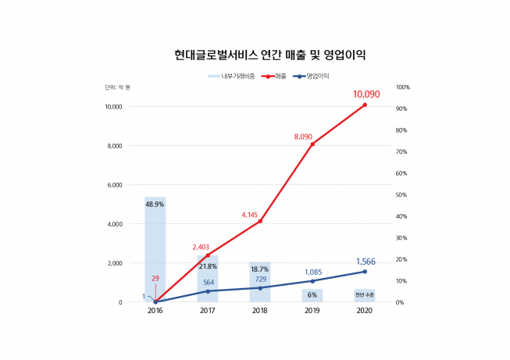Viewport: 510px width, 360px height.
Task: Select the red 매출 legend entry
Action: tap(276, 77)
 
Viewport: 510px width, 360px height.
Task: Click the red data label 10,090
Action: tap(366, 94)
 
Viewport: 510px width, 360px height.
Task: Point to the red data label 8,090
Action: tap(303, 137)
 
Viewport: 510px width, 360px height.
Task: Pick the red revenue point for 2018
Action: tap(260, 221)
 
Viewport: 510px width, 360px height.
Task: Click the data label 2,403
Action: tap(202, 247)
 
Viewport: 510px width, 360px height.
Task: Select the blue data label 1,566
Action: tap(367, 262)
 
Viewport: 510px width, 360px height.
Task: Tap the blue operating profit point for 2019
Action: tap(312, 281)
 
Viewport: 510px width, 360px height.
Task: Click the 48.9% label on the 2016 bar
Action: tap(155, 205)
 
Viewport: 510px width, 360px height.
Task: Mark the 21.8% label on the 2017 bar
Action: tap(208, 266)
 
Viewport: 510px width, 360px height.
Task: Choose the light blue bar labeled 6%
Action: tap(312, 295)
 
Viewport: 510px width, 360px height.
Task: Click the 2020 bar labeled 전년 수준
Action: tap(365, 295)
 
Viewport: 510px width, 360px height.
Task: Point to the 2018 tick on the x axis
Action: tap(260, 311)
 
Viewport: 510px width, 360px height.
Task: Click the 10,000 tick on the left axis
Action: tap(113, 107)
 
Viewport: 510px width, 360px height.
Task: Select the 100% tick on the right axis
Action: tap(403, 87)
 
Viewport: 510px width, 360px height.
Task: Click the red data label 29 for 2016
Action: tap(155, 278)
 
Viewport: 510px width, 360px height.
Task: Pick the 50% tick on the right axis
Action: tap(401, 194)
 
